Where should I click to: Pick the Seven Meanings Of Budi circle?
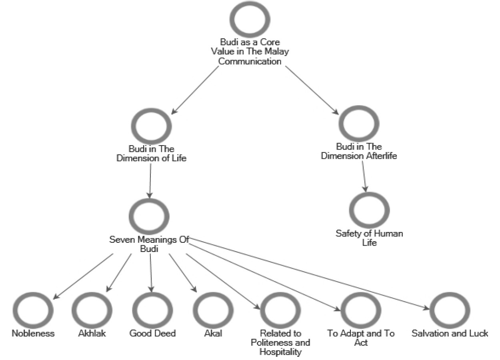(149, 216)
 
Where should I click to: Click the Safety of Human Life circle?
(369, 210)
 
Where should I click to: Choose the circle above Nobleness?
(33, 311)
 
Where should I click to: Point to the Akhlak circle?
(92, 311)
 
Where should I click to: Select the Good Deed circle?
(152, 311)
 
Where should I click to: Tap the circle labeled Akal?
(213, 311)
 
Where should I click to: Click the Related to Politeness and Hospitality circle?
(280, 311)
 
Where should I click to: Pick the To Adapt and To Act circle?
(361, 311)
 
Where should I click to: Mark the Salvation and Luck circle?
(450, 311)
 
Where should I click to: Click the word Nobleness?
(33, 333)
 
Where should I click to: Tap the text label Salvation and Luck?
(450, 333)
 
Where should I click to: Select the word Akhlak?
(92, 333)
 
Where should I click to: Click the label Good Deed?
(152, 333)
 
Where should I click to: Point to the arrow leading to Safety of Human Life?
(364, 176)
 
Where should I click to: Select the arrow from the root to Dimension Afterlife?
(312, 90)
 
